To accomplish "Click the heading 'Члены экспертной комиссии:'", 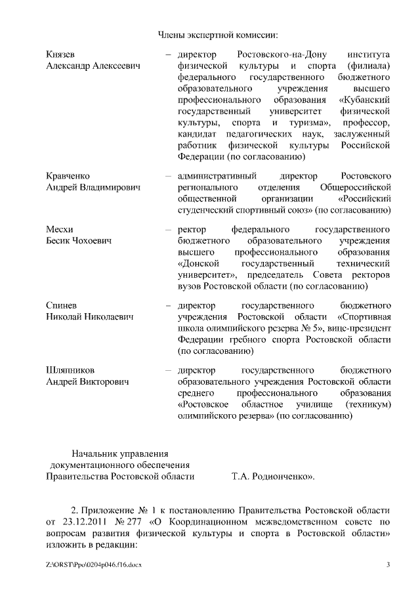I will (219, 34).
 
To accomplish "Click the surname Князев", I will (60, 54).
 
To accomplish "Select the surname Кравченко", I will (68, 177).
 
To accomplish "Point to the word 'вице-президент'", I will (360, 328).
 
